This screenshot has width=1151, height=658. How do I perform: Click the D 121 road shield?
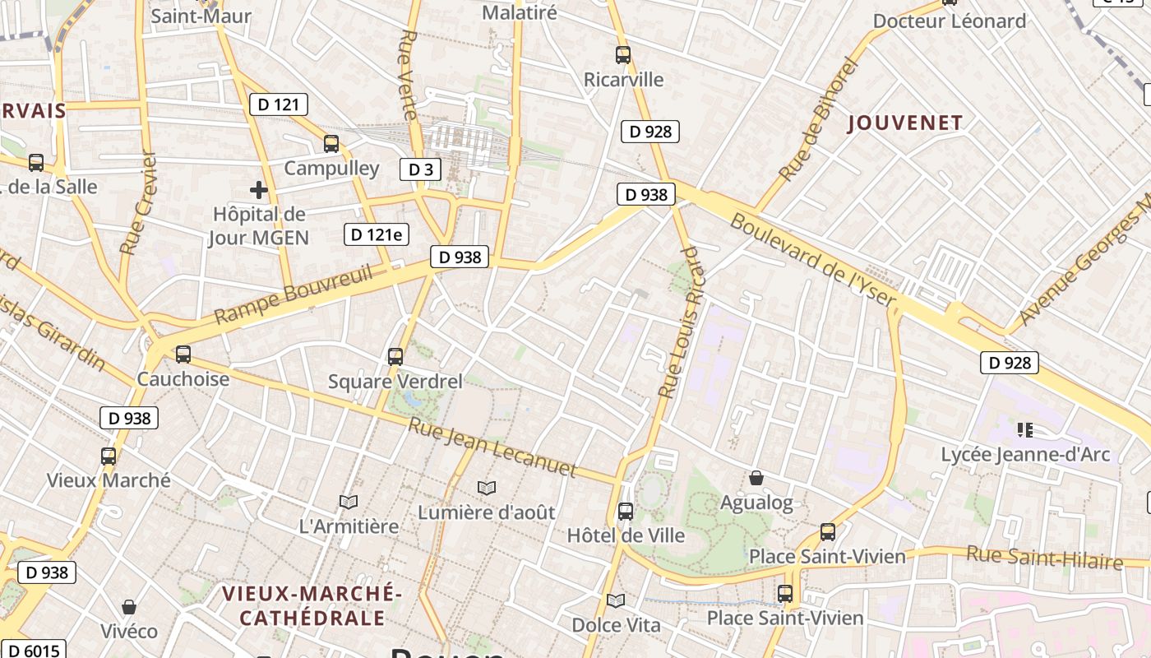(279, 104)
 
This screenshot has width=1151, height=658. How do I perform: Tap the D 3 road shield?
(420, 169)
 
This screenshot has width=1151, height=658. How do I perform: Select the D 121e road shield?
(376, 234)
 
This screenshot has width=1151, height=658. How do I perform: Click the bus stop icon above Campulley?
(331, 144)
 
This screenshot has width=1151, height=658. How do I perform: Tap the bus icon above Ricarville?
(623, 55)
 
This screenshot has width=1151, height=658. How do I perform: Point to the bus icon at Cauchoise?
(183, 354)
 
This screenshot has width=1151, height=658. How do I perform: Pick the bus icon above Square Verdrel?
(395, 357)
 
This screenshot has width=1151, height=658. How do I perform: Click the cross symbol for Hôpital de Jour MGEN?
(259, 190)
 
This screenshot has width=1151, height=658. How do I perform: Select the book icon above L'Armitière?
(349, 502)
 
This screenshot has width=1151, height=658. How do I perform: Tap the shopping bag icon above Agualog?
(756, 478)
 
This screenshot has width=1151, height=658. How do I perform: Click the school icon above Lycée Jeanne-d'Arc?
(1024, 429)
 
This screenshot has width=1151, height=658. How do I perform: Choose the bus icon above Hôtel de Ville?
(626, 512)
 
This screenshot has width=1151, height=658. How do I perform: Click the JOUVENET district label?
(904, 123)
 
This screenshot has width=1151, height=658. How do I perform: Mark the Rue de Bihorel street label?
(818, 120)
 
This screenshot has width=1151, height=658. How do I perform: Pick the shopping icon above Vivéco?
(129, 607)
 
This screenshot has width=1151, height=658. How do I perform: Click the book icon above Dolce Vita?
(616, 600)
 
